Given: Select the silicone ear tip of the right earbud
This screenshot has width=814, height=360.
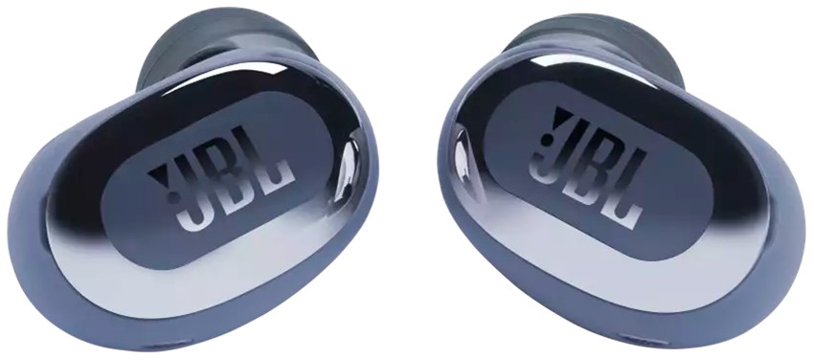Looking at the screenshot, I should [594, 38].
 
